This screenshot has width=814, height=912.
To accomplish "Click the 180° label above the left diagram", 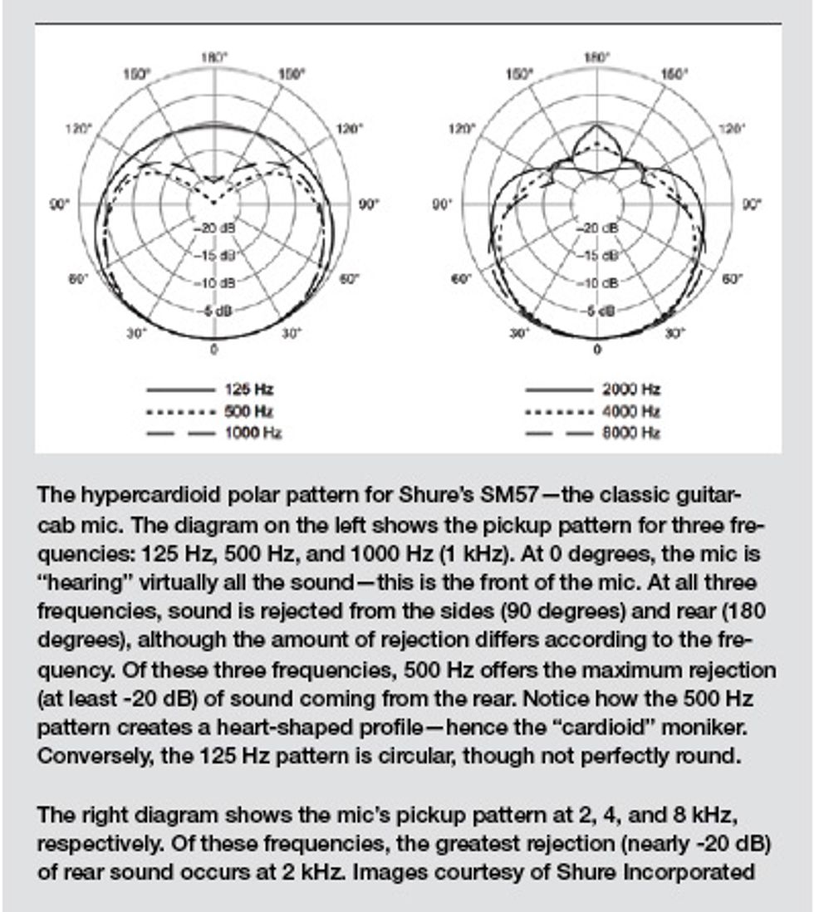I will (213, 57).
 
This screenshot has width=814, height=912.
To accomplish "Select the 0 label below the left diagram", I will (213, 350).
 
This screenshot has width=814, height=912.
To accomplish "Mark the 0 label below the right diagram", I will (597, 350).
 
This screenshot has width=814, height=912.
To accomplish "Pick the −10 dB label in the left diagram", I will (214, 283).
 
